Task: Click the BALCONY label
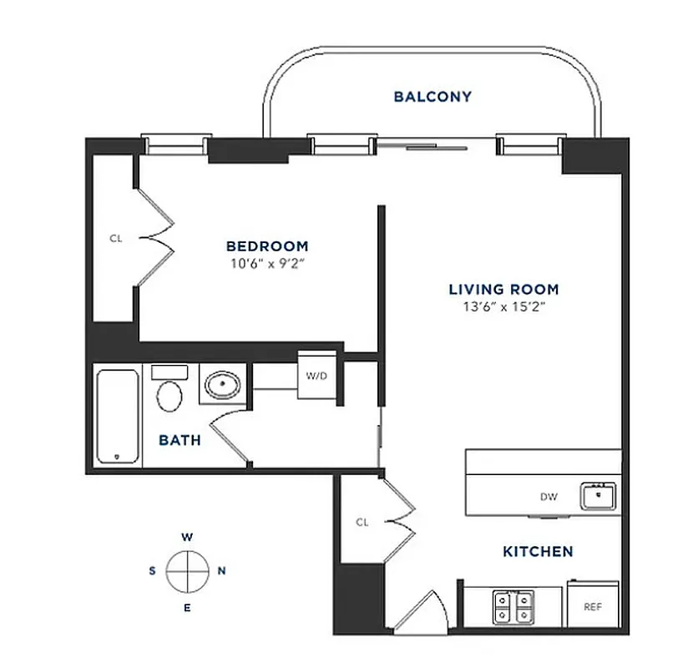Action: (433, 97)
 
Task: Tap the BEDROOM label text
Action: (267, 246)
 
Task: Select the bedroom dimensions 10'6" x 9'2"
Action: (267, 263)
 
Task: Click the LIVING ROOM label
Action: (503, 290)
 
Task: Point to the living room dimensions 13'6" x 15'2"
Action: (503, 306)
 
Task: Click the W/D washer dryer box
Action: (316, 376)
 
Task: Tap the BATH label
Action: (180, 439)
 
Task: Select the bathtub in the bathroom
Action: (117, 416)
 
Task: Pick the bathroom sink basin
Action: (222, 386)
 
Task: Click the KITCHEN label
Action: (538, 552)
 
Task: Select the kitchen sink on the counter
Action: (599, 497)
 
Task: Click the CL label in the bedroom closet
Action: (116, 238)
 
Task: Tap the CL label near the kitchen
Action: (362, 523)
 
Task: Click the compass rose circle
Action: (186, 571)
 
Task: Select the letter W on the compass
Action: (186, 537)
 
